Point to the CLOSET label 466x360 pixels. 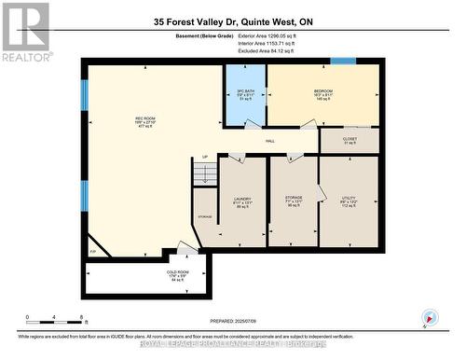click(x=349, y=140)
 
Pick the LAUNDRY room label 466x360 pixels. click(x=242, y=201)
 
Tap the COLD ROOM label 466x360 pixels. click(x=149, y=276)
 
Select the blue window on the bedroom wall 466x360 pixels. click(x=343, y=62)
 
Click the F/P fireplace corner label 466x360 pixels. click(x=92, y=253)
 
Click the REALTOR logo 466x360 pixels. click(x=24, y=32)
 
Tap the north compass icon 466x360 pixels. click(x=428, y=316)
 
